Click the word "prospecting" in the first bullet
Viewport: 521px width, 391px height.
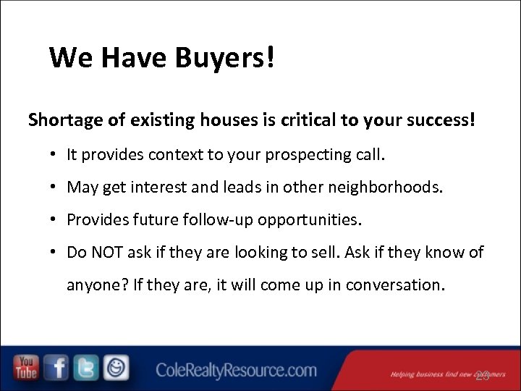pos(304,154)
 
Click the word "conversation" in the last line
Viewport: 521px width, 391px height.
pos(393,285)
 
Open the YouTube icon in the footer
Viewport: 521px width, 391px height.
pos(26,368)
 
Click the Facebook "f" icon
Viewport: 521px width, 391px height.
pos(56,368)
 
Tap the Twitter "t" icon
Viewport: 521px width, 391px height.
pos(86,368)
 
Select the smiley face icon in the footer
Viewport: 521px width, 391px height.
pos(116,368)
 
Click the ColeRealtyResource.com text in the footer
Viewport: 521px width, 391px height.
pos(237,371)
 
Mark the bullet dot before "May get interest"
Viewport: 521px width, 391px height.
pos(54,188)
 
